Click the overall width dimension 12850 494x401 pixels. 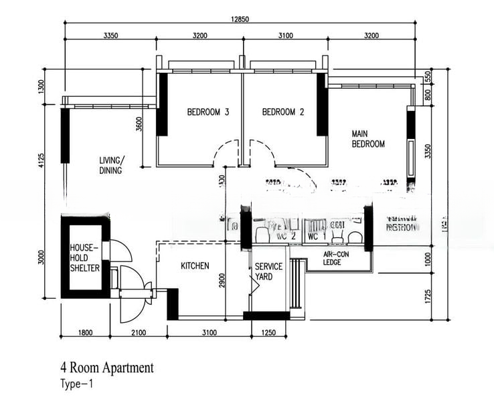pos(240,19)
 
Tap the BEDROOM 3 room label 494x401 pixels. pos(208,112)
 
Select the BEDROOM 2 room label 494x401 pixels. pos(283,112)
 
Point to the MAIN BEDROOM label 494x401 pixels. pos(368,139)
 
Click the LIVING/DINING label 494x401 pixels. pos(111,165)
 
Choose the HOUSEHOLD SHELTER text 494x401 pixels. pos(85,257)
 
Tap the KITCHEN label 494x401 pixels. pos(195,266)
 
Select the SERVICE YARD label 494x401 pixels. pos(268,271)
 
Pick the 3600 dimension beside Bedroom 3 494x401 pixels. pos(139,126)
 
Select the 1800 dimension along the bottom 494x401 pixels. pos(85,333)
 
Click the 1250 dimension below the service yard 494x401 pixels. pos(268,333)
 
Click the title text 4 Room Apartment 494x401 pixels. pos(106,368)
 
